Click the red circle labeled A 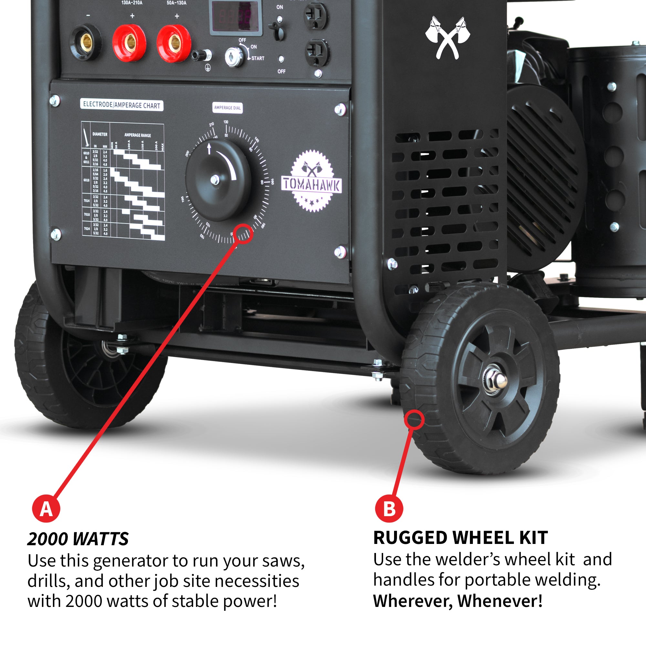pyautogui.click(x=46, y=509)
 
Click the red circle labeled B pyautogui.click(x=389, y=509)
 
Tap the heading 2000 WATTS pyautogui.click(x=78, y=539)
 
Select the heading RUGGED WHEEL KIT pyautogui.click(x=460, y=538)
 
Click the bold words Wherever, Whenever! pyautogui.click(x=458, y=601)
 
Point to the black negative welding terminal pyautogui.click(x=86, y=42)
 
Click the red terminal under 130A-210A pyautogui.click(x=130, y=42)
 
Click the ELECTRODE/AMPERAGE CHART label pyautogui.click(x=122, y=105)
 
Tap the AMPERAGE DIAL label pyautogui.click(x=227, y=108)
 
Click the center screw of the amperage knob pyautogui.click(x=215, y=180)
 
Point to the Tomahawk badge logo pyautogui.click(x=312, y=181)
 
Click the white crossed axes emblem pyautogui.click(x=447, y=38)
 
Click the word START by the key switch pyautogui.click(x=258, y=58)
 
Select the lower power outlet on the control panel pyautogui.click(x=317, y=52)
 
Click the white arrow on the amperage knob pyautogui.click(x=209, y=148)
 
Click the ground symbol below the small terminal pyautogui.click(x=208, y=68)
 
